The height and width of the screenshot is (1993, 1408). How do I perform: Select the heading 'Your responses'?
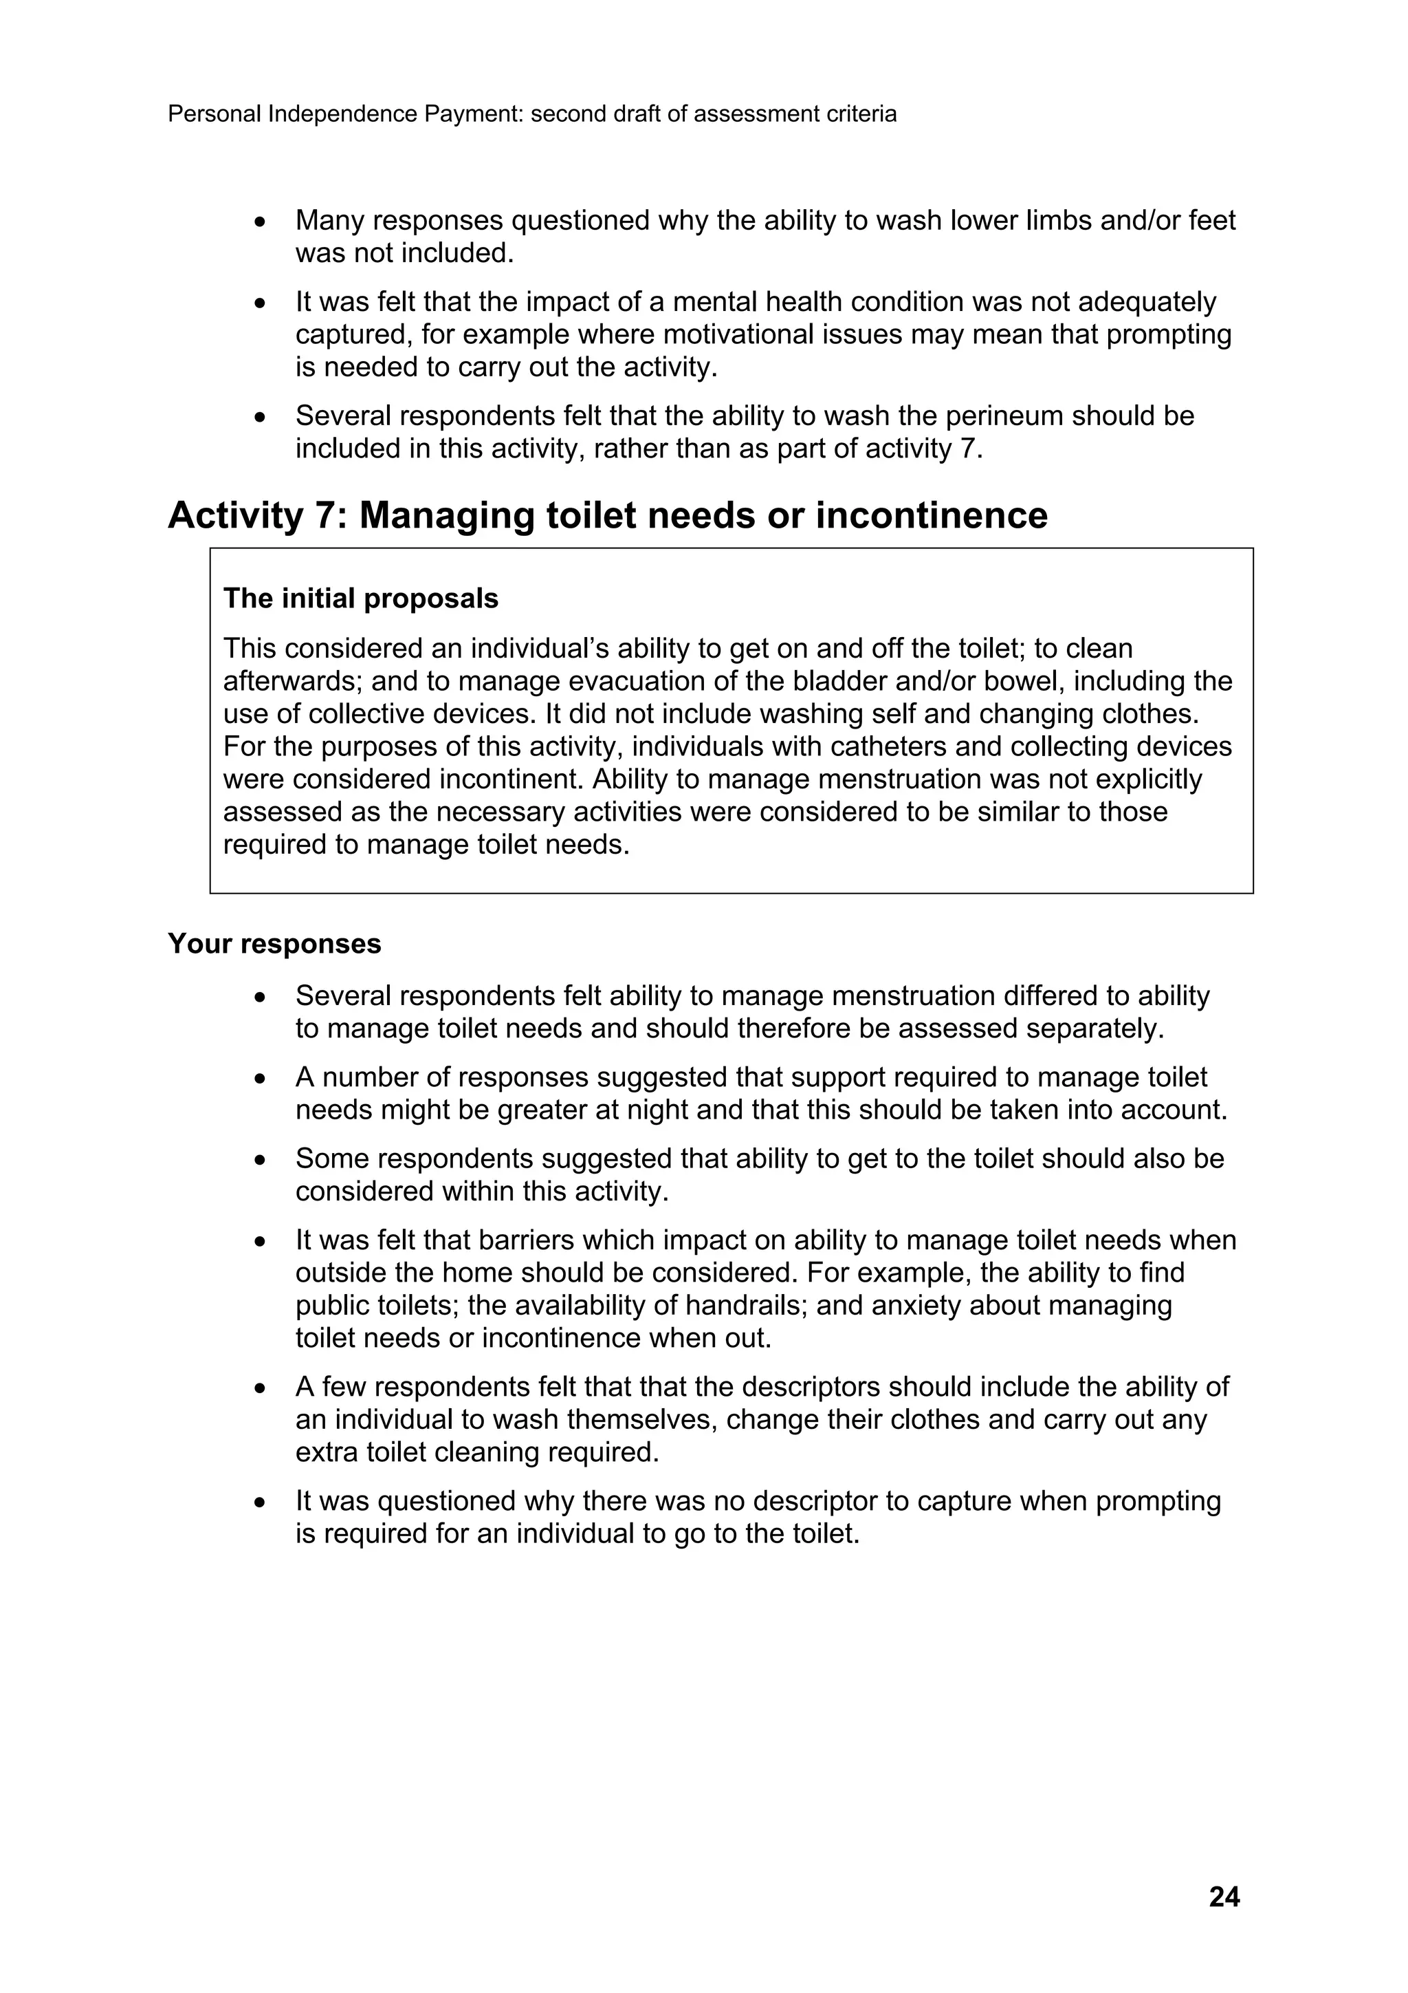pos(274,944)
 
